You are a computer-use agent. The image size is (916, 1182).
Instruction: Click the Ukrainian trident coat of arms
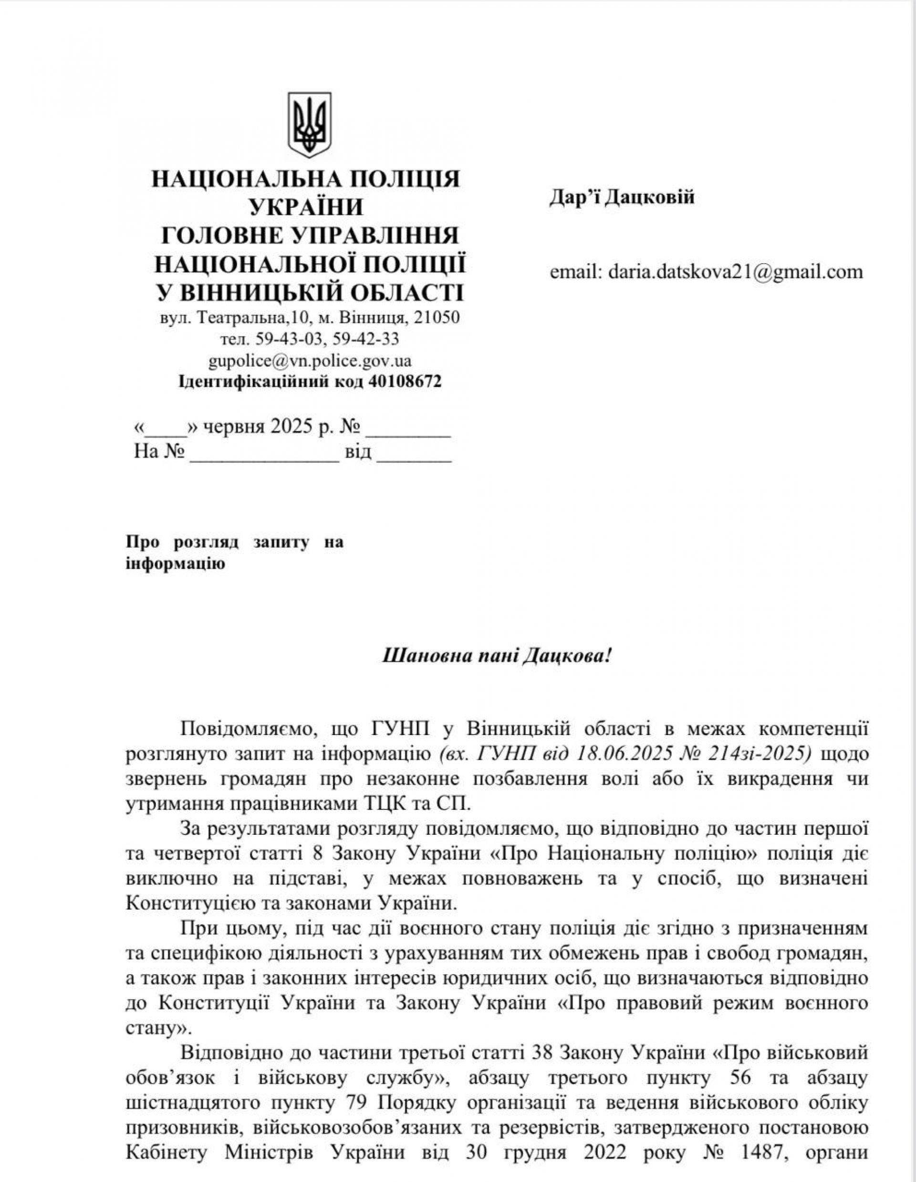(x=309, y=125)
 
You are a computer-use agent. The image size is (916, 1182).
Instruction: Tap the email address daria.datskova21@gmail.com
(x=735, y=271)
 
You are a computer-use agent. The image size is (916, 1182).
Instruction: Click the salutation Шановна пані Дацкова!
(x=497, y=657)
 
